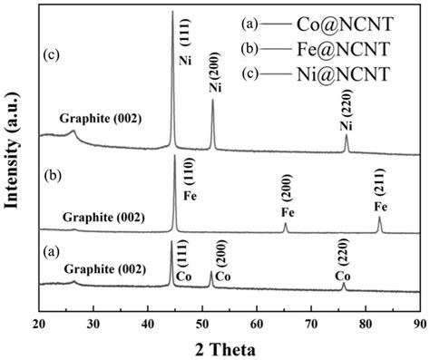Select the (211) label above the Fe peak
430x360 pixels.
379,188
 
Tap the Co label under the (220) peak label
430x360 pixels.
342,275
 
